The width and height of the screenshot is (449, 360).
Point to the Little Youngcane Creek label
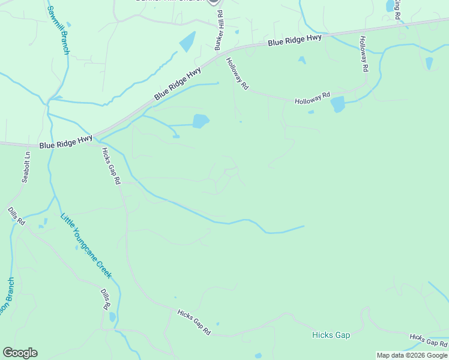(86, 245)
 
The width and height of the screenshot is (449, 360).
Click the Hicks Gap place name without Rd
(331, 335)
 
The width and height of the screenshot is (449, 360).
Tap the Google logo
(20, 353)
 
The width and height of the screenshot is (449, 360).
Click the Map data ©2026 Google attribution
(412, 355)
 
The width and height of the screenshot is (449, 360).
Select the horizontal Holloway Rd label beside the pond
(312, 99)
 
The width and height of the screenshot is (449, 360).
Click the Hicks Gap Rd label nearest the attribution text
(429, 341)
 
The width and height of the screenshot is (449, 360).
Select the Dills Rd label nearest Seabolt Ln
(16, 216)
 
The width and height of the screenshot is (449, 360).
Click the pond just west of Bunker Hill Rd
(187, 41)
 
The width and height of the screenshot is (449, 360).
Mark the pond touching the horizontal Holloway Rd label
(338, 104)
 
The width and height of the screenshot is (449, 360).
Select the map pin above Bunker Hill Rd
(213, 2)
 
